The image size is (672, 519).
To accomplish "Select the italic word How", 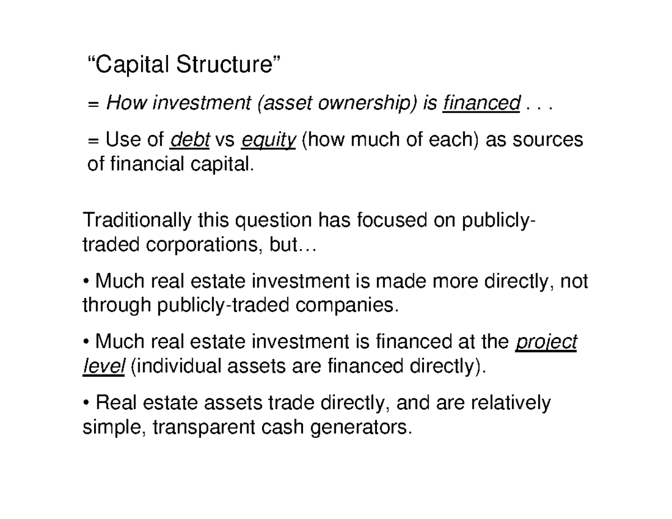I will pyautogui.click(x=123, y=103).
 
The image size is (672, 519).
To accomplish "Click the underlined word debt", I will pyautogui.click(x=189, y=140).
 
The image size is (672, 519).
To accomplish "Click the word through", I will pyautogui.click(x=115, y=306).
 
